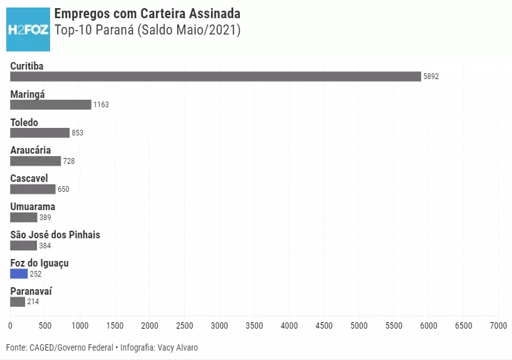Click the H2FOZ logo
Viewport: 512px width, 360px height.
click(x=28, y=29)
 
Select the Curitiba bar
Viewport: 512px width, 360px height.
click(x=215, y=77)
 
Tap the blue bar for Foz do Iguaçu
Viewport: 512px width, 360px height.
click(x=19, y=274)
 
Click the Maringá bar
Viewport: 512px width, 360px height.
click(x=50, y=105)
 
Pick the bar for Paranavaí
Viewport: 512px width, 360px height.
click(x=18, y=302)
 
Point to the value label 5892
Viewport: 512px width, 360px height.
click(x=431, y=77)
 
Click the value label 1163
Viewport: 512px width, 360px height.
click(x=101, y=105)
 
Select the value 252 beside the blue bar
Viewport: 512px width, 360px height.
click(x=36, y=274)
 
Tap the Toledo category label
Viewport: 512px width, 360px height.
click(x=24, y=122)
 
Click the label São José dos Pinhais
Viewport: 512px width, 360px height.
click(x=55, y=235)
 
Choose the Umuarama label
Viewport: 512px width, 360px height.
click(x=33, y=207)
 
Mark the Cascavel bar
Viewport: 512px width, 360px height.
click(x=33, y=189)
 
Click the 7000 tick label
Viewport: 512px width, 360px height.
click(x=498, y=326)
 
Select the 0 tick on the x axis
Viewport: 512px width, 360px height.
click(x=10, y=326)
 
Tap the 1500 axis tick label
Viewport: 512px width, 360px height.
click(x=115, y=326)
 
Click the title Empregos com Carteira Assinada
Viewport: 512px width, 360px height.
click(x=147, y=14)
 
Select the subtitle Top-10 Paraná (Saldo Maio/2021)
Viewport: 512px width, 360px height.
click(x=147, y=30)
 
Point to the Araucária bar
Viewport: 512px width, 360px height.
click(x=35, y=161)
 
